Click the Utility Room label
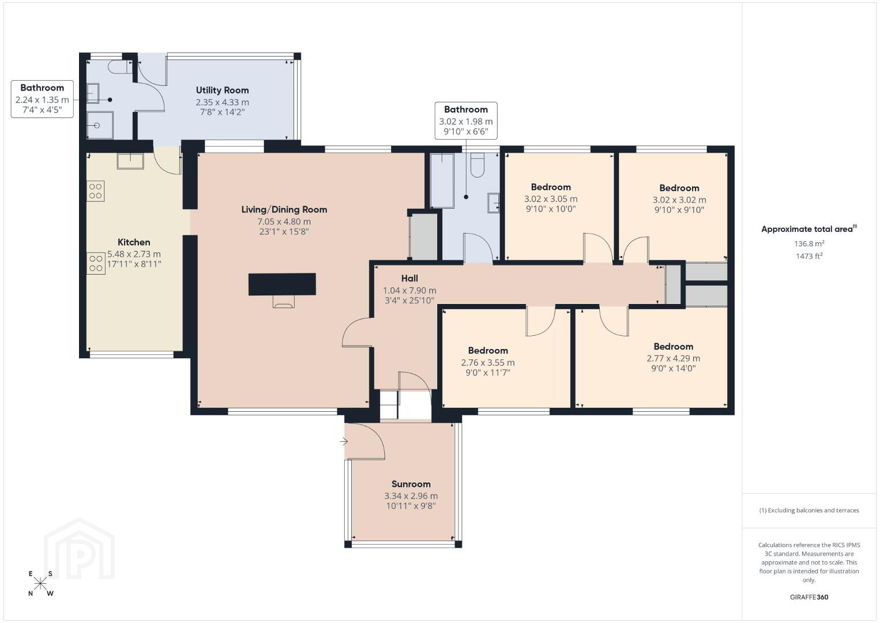[223, 91]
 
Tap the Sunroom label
[411, 484]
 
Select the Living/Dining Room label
[284, 209]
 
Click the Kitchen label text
[134, 242]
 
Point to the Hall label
[409, 278]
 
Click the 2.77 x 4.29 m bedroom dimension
[674, 358]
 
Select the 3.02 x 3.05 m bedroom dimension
[551, 199]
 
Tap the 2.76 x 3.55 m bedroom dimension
[488, 362]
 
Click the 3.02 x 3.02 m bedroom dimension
[679, 200]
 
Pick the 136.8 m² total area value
[809, 243]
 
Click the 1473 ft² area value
[809, 256]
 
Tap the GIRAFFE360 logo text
[809, 597]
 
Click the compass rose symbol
[40, 584]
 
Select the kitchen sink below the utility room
[130, 161]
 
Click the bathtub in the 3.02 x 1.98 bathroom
[442, 181]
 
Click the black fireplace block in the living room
[282, 284]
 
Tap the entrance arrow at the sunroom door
[344, 441]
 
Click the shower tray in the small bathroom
[100, 125]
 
